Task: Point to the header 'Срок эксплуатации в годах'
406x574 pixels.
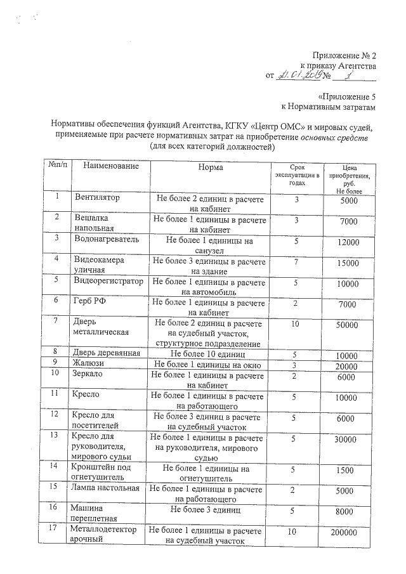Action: (297, 173)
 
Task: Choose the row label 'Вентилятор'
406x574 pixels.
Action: (97, 198)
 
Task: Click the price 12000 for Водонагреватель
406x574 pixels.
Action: (348, 242)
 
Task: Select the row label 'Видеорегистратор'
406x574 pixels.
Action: (108, 280)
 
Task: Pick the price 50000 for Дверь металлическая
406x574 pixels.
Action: (348, 325)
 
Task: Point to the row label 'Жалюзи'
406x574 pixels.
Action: (88, 363)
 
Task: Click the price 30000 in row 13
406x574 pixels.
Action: (348, 439)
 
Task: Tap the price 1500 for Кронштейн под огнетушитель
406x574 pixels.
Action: (348, 470)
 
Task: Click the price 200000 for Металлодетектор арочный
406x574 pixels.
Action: (348, 534)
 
